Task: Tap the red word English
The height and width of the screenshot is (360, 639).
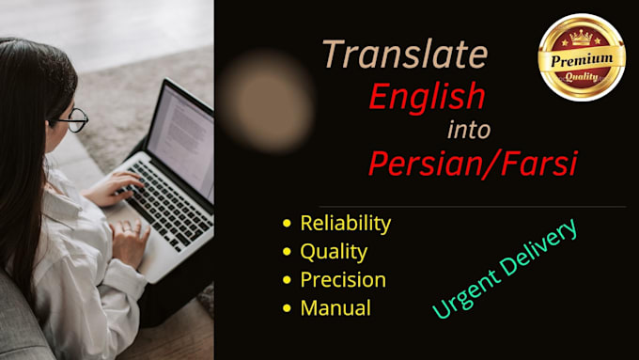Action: [427, 96]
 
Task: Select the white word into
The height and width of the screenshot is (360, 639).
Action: [467, 129]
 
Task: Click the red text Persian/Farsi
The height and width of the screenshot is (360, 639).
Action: [472, 164]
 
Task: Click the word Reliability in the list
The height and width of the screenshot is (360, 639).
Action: [345, 224]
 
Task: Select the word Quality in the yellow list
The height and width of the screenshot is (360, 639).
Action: [333, 252]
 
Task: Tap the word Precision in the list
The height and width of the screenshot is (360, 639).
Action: [342, 280]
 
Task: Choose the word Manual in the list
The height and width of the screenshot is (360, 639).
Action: [335, 307]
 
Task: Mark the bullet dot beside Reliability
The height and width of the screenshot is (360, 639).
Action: [287, 225]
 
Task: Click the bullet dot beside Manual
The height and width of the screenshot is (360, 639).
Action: [287, 308]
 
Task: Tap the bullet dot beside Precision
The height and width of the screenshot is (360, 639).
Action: [287, 280]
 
